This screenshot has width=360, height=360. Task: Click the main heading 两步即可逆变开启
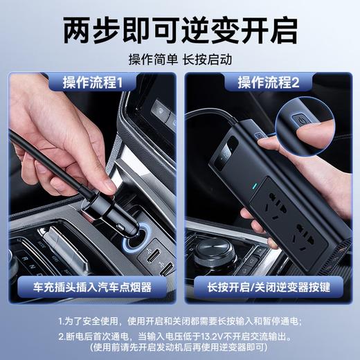pos(180,29)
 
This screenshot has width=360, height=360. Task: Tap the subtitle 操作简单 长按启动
pos(180,58)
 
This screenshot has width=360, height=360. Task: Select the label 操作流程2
pos(268,82)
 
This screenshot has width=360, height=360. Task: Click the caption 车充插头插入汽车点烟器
pos(93,286)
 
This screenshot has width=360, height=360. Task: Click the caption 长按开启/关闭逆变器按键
pos(269,286)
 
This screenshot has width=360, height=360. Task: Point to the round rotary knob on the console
pos(212,253)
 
